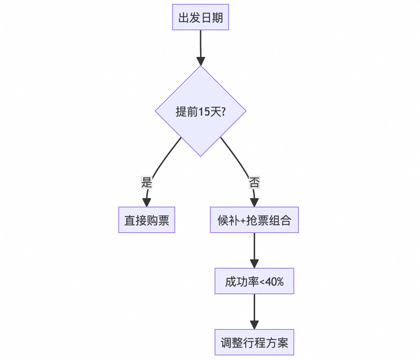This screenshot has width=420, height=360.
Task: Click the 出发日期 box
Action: point(200,17)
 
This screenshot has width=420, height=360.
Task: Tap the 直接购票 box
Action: point(146,220)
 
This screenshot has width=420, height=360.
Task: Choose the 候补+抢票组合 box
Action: point(254,220)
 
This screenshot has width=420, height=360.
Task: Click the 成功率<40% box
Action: point(254,281)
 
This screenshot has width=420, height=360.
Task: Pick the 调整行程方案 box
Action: point(254,342)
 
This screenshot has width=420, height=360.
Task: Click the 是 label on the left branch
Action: point(146,182)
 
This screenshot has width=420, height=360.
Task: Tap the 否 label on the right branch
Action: point(254,182)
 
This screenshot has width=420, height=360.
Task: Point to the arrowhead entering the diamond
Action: point(200,61)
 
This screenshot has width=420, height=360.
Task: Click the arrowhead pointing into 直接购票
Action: point(146,202)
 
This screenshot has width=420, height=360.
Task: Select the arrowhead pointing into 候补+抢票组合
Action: point(254,202)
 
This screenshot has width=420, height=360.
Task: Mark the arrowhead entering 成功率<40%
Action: point(254,264)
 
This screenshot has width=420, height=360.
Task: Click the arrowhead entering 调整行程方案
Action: point(254,325)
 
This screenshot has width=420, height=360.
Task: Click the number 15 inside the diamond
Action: point(204,112)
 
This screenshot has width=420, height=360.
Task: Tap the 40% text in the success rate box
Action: point(274,282)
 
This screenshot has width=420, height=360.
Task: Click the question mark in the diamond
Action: point(223,112)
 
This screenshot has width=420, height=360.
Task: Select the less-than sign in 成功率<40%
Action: point(262,282)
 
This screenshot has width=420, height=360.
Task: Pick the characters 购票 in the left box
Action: point(158,220)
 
